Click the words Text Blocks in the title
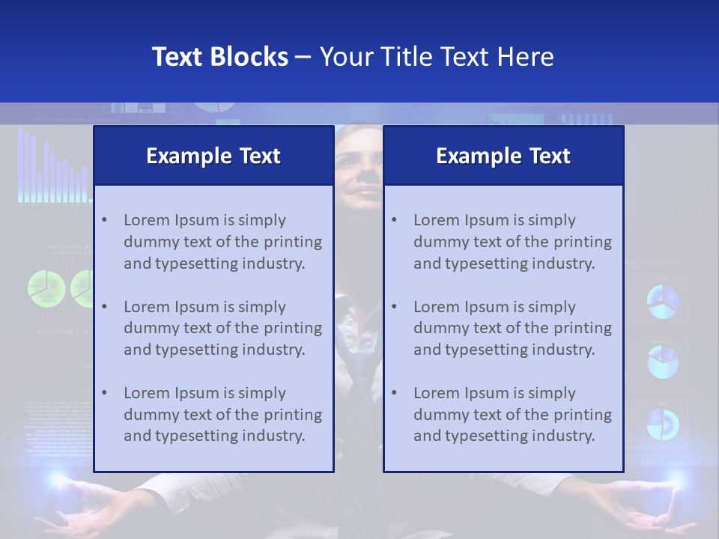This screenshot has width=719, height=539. pyautogui.click(x=219, y=57)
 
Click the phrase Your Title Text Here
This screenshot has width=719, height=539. pyautogui.click(x=437, y=57)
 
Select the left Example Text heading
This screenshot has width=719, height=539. pyautogui.click(x=213, y=156)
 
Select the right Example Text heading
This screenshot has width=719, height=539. pyautogui.click(x=503, y=156)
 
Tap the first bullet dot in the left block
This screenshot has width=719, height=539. pyautogui.click(x=104, y=220)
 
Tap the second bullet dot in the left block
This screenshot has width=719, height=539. pyautogui.click(x=104, y=307)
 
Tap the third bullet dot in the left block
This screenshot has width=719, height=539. pyautogui.click(x=104, y=393)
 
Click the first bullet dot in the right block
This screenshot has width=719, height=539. pyautogui.click(x=394, y=220)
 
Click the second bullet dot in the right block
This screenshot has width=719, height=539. pyautogui.click(x=394, y=307)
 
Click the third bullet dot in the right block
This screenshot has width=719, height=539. pyautogui.click(x=394, y=393)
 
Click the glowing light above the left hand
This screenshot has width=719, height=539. pyautogui.click(x=56, y=479)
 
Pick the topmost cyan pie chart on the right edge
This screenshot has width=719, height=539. pyautogui.click(x=663, y=301)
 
